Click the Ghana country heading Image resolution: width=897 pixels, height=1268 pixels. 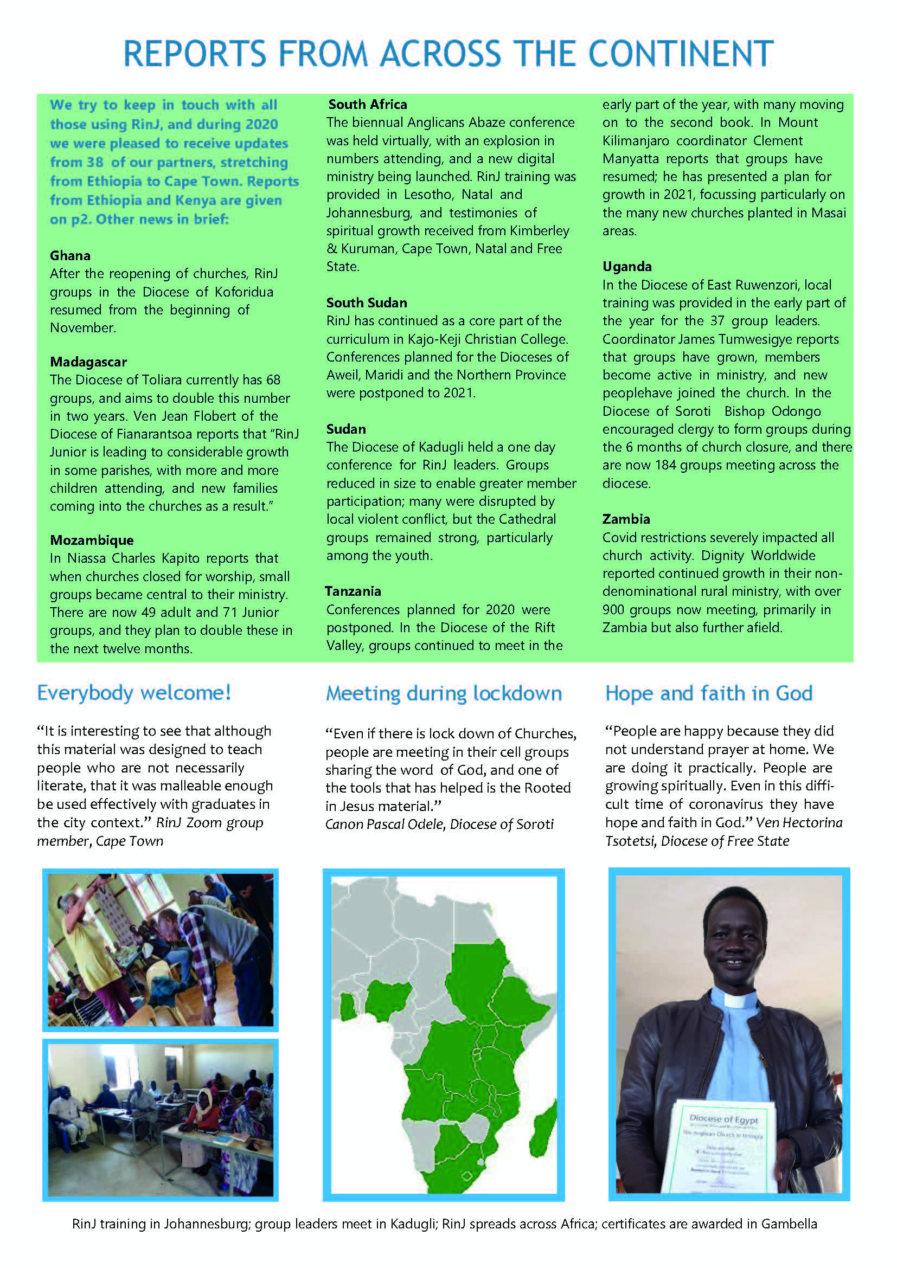click(x=70, y=256)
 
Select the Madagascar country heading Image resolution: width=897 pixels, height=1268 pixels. click(x=88, y=362)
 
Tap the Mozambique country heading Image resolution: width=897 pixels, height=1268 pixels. click(x=92, y=540)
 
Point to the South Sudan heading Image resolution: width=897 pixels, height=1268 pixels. click(x=366, y=302)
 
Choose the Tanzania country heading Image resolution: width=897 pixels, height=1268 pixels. click(x=353, y=591)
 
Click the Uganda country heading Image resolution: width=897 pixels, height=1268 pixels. click(x=627, y=267)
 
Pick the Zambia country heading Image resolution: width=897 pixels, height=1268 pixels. click(x=626, y=519)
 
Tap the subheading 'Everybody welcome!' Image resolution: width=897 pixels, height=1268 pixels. click(x=134, y=692)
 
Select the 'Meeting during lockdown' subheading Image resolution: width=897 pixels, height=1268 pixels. click(x=444, y=693)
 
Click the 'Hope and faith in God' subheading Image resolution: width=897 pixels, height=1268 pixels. click(x=709, y=693)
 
